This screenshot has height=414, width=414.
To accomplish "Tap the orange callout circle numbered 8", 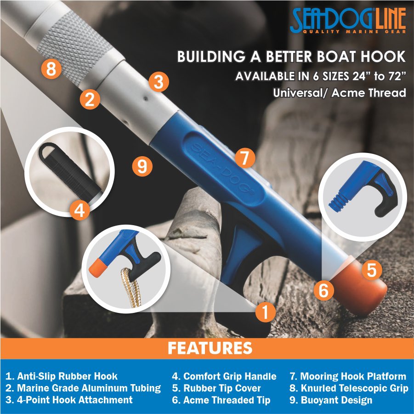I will tap(51, 70).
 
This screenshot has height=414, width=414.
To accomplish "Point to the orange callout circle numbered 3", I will tap(159, 83).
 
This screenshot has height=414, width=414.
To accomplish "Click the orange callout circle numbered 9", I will tap(142, 166).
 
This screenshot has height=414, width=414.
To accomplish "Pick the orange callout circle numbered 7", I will tap(244, 159).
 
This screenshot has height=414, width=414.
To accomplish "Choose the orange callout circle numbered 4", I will tap(79, 211).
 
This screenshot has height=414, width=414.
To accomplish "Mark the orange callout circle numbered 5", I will tap(372, 270).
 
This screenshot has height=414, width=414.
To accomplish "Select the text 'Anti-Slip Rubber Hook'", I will tap(62, 377).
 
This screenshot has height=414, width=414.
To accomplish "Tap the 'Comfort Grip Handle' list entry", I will tap(224, 377).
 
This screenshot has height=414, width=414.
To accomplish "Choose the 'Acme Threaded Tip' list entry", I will tap(221, 400).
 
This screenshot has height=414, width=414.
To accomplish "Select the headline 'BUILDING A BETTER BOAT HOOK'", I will tap(292, 57).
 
